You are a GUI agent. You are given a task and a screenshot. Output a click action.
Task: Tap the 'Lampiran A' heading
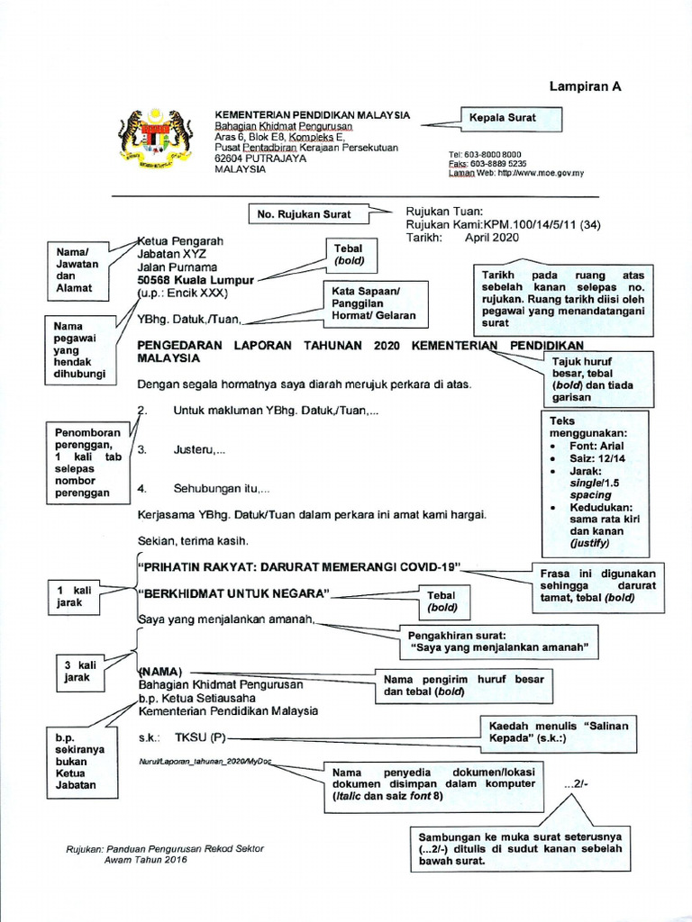point(586,87)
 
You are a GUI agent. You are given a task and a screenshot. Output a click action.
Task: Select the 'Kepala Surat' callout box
point(510,118)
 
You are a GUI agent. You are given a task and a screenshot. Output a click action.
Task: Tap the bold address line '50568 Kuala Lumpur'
point(196,280)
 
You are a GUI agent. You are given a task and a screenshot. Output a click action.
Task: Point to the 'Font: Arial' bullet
point(599,445)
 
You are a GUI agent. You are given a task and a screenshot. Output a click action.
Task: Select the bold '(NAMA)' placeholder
point(160,672)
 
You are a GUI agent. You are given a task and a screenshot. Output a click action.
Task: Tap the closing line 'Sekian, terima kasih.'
point(193,541)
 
